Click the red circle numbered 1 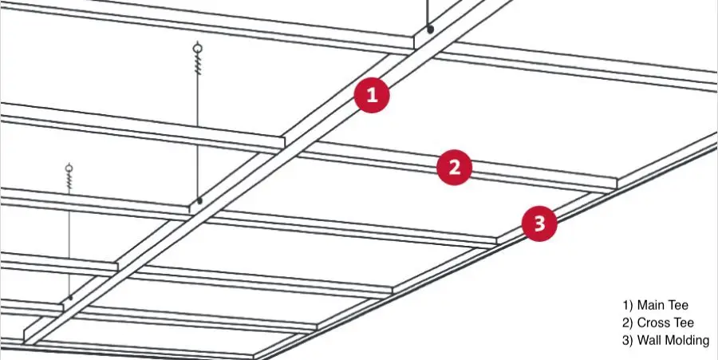[x=372, y=96]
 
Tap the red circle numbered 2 [x=455, y=168]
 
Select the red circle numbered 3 [x=539, y=224]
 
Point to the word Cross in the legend [x=654, y=322]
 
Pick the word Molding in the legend [x=688, y=341]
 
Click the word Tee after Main [x=679, y=305]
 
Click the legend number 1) [x=628, y=305]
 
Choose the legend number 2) [x=628, y=322]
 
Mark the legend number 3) [x=628, y=341]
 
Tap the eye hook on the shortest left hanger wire [x=69, y=168]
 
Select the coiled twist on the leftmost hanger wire [x=69, y=182]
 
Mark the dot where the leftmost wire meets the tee [x=70, y=298]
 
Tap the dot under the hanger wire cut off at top [x=430, y=30]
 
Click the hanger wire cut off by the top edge [x=429, y=11]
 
